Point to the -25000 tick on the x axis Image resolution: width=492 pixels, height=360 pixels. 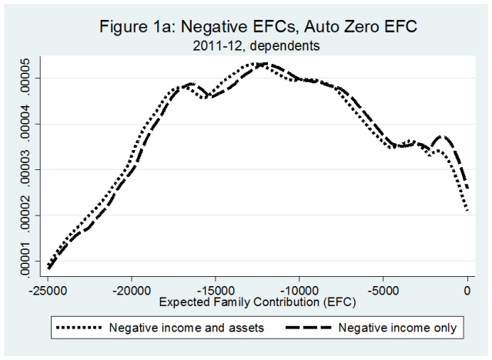tap(49, 292)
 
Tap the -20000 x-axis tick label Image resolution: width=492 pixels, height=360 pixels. tap(132, 292)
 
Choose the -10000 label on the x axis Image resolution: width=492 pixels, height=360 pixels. tap(300, 292)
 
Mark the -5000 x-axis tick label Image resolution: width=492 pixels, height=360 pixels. tap(383, 292)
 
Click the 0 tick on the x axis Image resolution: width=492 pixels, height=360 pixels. tap(467, 292)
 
